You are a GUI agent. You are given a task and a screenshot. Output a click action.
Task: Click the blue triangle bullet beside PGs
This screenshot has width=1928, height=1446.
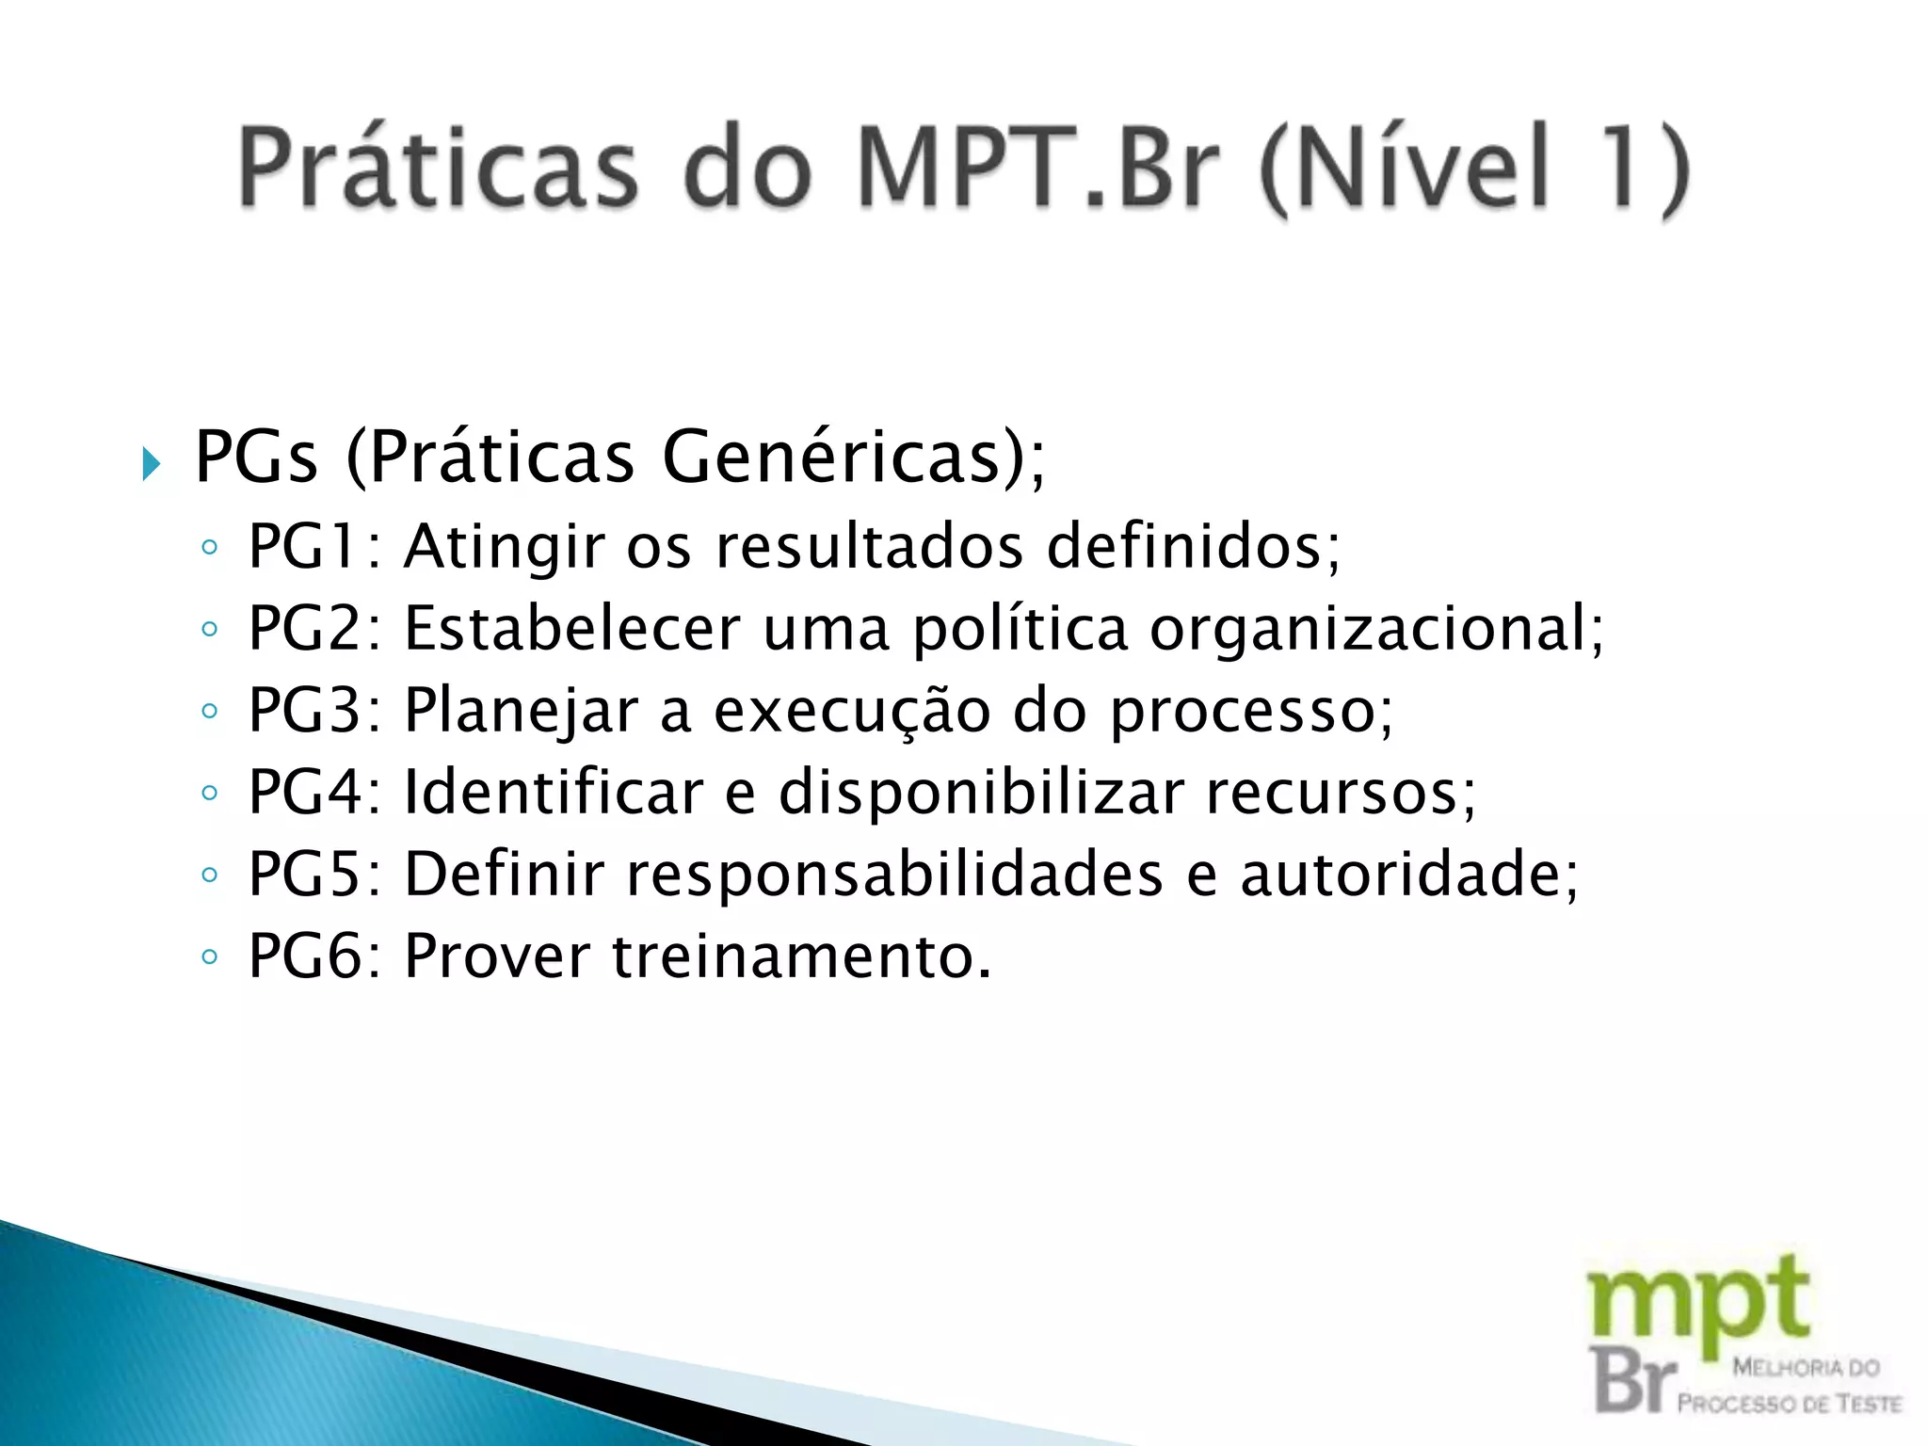(151, 463)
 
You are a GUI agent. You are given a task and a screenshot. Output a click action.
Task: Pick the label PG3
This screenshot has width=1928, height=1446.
(304, 710)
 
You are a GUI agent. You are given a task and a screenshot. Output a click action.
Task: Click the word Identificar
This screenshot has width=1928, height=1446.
(554, 792)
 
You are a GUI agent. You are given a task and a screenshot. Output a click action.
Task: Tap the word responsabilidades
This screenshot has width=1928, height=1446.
(894, 874)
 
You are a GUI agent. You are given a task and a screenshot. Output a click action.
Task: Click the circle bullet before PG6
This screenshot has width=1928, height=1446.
(210, 957)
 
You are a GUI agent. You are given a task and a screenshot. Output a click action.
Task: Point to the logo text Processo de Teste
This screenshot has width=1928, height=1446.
(1789, 1404)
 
